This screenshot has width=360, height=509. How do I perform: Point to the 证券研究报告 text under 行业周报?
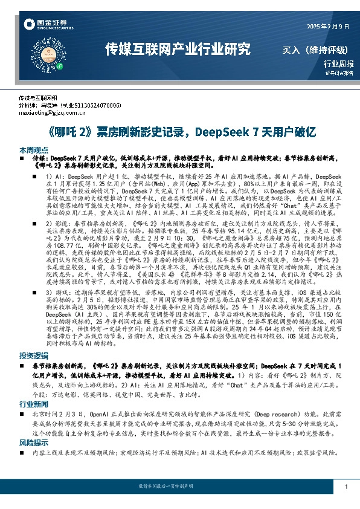339,73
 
